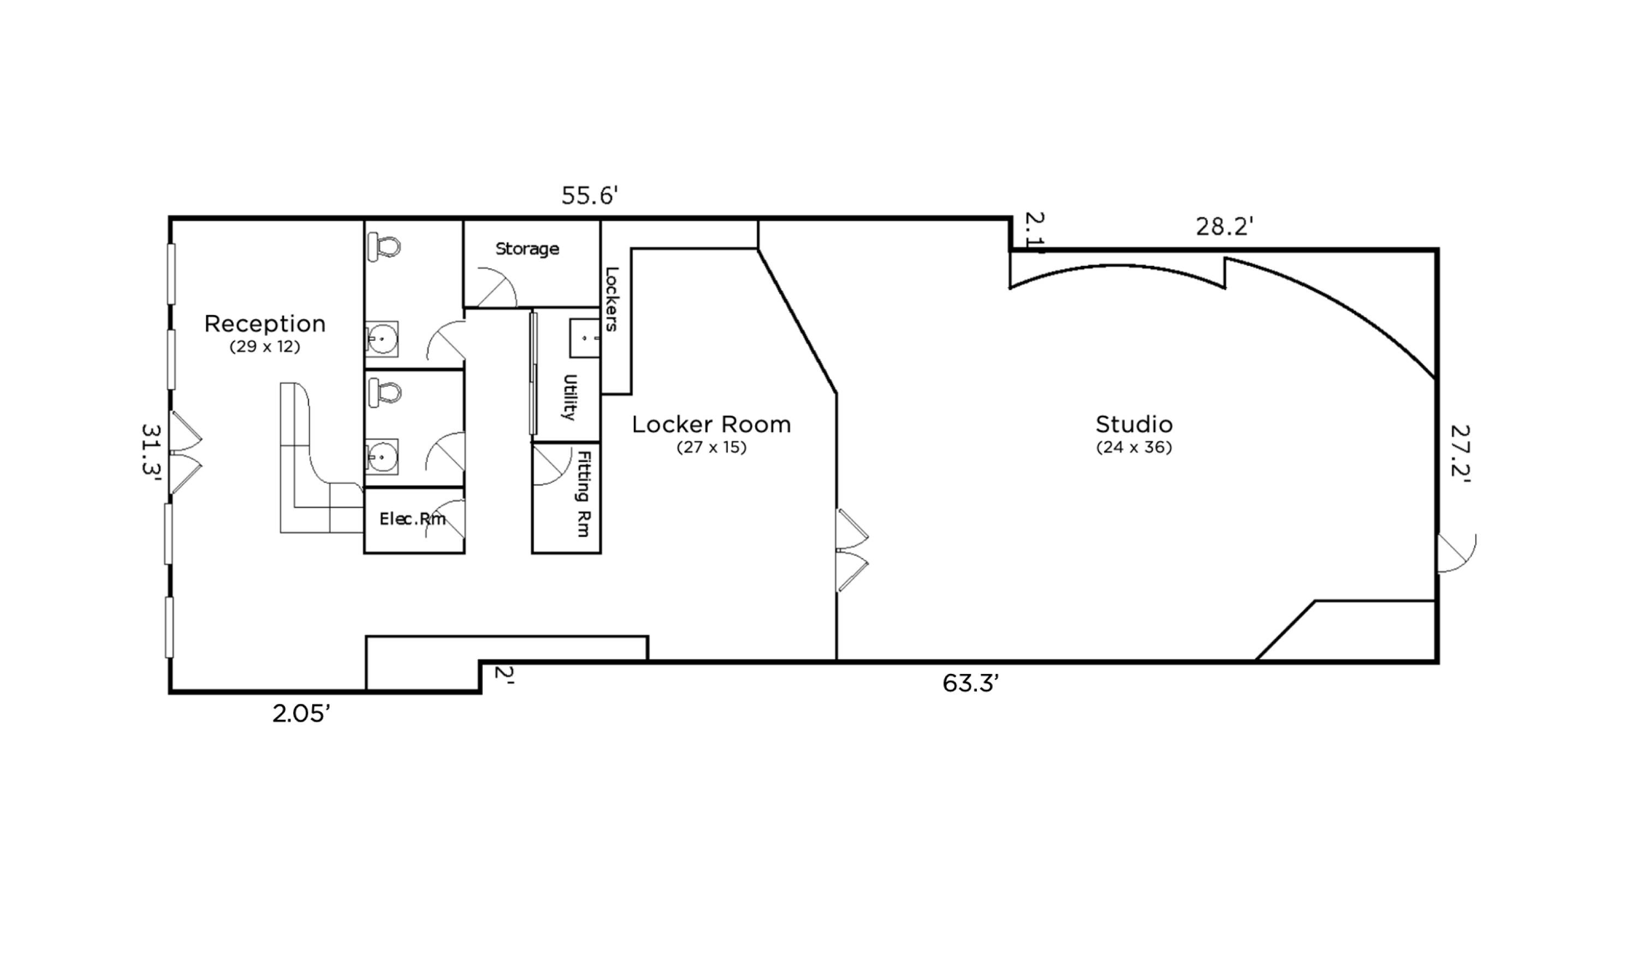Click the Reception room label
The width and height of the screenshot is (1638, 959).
tap(265, 324)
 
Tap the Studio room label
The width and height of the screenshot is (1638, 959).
tap(1133, 424)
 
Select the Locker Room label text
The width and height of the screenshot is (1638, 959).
tap(711, 424)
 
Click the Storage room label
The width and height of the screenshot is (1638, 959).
tap(527, 249)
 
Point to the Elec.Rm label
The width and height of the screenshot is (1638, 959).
tap(412, 519)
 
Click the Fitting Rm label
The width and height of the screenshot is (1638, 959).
tap(584, 494)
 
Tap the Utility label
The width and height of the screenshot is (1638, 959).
tap(569, 397)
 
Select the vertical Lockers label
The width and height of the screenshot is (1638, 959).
tap(612, 299)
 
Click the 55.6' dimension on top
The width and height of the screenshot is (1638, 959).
tap(589, 196)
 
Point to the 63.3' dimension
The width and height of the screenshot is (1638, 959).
tap(970, 683)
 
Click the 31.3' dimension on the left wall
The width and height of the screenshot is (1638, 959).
tap(151, 450)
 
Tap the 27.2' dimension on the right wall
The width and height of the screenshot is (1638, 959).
tap(1460, 451)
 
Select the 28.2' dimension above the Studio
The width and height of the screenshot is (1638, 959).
tap(1224, 227)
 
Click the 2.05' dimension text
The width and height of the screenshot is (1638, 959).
tap(301, 714)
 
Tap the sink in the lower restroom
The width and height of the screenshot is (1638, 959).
tap(382, 457)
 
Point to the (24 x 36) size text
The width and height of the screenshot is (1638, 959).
tap(1133, 448)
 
